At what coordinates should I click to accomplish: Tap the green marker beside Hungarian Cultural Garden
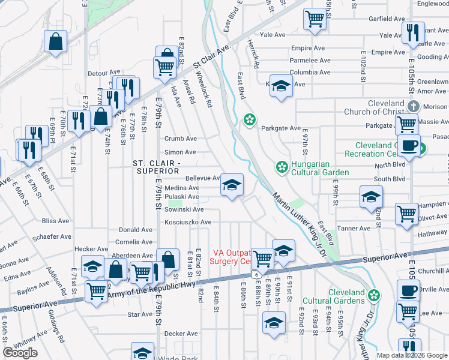280,166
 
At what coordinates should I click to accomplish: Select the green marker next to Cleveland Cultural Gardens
375,295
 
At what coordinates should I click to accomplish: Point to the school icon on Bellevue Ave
232,184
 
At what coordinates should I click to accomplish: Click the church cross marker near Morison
412,106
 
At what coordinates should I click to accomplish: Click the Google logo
20,353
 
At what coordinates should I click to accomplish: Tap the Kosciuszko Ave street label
188,222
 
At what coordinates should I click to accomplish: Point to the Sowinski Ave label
185,209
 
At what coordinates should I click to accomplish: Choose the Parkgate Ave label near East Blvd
280,128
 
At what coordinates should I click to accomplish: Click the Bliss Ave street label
55,221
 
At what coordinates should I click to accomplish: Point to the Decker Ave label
181,334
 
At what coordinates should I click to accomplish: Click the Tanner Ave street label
354,229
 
